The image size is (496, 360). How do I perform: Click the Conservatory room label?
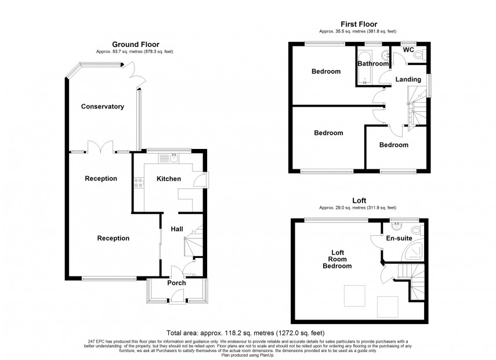click(x=103, y=107)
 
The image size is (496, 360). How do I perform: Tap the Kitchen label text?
click(x=169, y=179)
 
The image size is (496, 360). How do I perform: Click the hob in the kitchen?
click(x=139, y=184)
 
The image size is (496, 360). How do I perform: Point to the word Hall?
click(x=176, y=230)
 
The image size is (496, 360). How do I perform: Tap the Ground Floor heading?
click(x=135, y=44)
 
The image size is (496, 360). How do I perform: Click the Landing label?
click(x=408, y=79)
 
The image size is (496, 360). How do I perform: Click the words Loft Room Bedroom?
click(x=337, y=259)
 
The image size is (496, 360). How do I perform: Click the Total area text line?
click(x=245, y=333)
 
